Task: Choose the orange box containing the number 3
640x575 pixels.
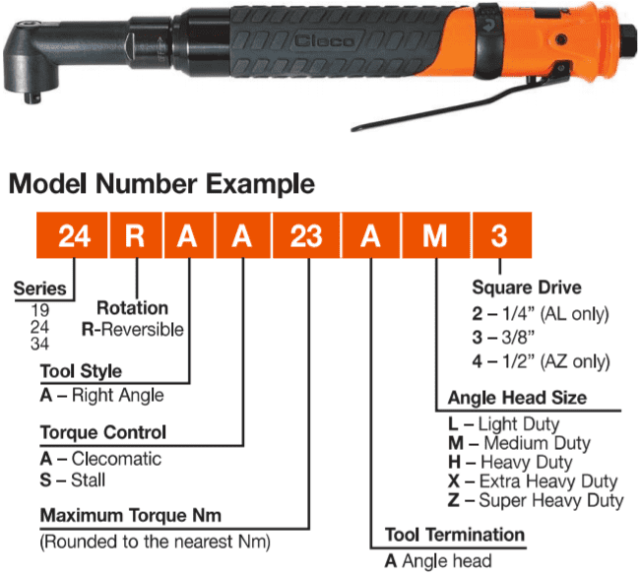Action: coord(501,235)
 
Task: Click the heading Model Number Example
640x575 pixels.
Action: coord(162,184)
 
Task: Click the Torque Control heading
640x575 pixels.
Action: coord(103,432)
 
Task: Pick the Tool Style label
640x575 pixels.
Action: coord(81,371)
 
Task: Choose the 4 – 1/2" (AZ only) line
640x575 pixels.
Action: coord(542,360)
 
